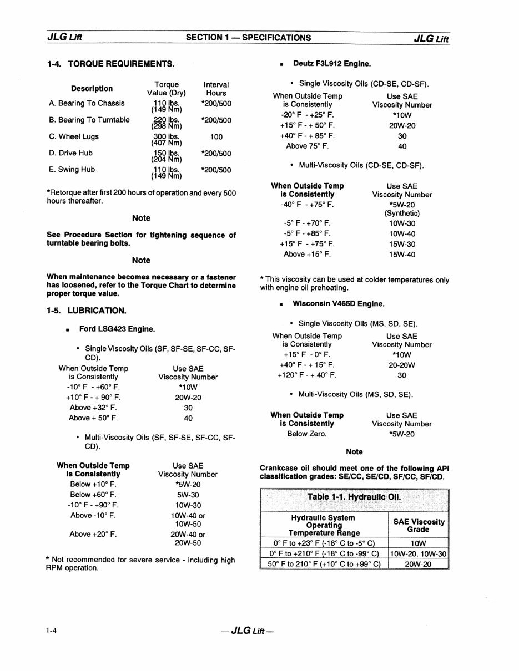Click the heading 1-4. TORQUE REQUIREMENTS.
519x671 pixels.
(x=110, y=64)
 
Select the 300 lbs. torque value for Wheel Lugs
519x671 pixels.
(x=167, y=136)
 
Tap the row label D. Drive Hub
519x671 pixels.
(x=70, y=153)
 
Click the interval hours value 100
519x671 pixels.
(x=216, y=136)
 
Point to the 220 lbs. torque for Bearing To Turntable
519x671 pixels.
(x=167, y=120)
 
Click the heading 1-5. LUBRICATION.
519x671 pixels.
(x=87, y=311)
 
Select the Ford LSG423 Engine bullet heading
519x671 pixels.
(x=117, y=329)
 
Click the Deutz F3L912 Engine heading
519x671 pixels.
(x=332, y=64)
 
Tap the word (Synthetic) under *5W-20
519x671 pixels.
(x=402, y=213)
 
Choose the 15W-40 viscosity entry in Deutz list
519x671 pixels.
(x=402, y=255)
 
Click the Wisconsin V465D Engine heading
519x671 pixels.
(x=338, y=304)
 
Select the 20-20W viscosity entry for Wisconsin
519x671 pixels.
(x=402, y=365)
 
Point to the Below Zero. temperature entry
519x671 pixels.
(x=306, y=434)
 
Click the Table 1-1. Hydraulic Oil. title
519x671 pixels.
(x=354, y=496)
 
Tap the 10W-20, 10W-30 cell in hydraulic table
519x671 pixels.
(x=418, y=553)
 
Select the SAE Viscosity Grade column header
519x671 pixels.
(x=419, y=525)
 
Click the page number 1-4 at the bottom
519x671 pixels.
(x=53, y=631)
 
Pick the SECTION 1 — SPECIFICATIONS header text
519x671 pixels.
(x=248, y=38)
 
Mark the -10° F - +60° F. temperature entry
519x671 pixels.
(x=93, y=387)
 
